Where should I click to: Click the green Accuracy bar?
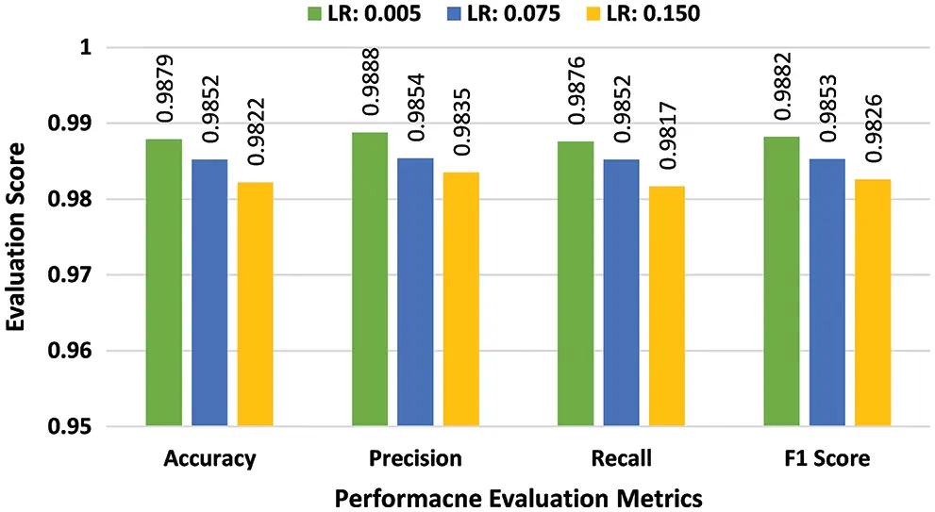tap(163, 283)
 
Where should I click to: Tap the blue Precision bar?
tap(415, 292)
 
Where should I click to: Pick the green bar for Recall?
tap(576, 284)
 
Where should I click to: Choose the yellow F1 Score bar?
tap(873, 303)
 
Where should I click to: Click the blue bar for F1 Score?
tap(827, 292)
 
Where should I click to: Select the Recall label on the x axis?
tap(621, 460)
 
